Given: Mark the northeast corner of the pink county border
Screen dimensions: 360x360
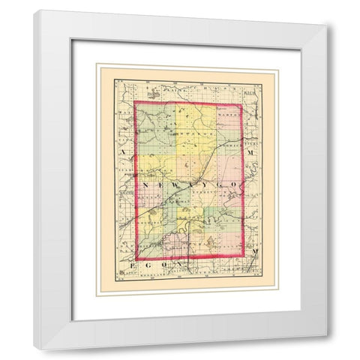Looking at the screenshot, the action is tap(241, 104).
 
